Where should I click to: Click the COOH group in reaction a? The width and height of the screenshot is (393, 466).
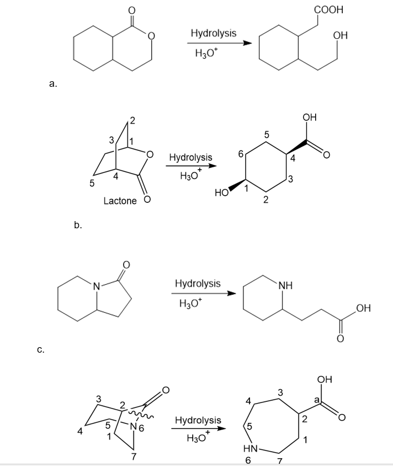pos(328,9)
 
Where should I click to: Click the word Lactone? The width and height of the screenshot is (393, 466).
pos(120,201)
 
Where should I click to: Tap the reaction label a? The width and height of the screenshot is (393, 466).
pos(53,84)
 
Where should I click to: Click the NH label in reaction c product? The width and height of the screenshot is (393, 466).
pos(285,286)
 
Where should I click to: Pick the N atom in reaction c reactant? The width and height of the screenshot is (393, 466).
pos(97,286)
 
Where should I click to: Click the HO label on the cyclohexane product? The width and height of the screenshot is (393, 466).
pos(222,192)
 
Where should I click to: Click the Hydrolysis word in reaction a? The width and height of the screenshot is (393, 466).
pos(214,33)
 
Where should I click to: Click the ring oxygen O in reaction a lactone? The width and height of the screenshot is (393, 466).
pos(151,36)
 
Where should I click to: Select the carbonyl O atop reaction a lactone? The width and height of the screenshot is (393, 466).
pos(132,11)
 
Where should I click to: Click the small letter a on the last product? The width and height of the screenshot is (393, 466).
pos(317,401)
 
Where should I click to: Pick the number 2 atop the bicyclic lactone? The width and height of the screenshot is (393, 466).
pos(132,121)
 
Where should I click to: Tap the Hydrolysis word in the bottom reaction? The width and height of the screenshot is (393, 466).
pos(198,420)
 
